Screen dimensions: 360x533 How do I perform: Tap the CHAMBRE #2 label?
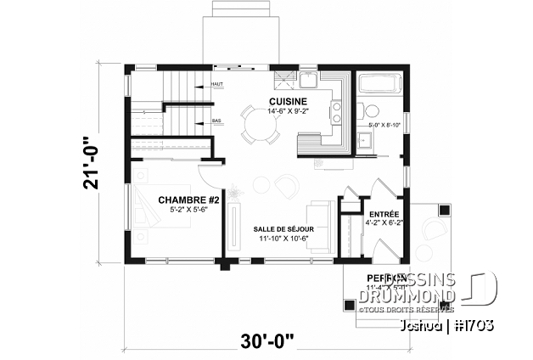point(188,200)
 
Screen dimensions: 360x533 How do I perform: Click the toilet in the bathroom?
point(371,110)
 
